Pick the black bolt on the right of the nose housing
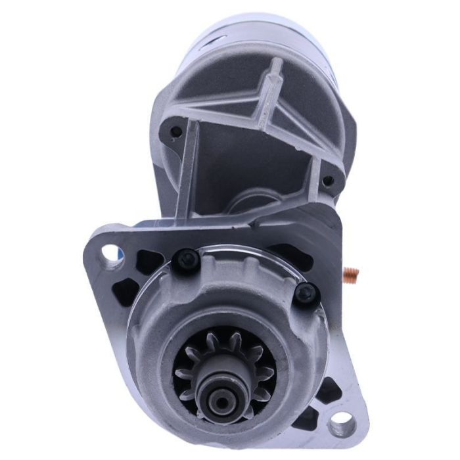(x=306, y=293)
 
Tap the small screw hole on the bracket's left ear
(x=175, y=131)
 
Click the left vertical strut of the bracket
(x=186, y=171)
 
